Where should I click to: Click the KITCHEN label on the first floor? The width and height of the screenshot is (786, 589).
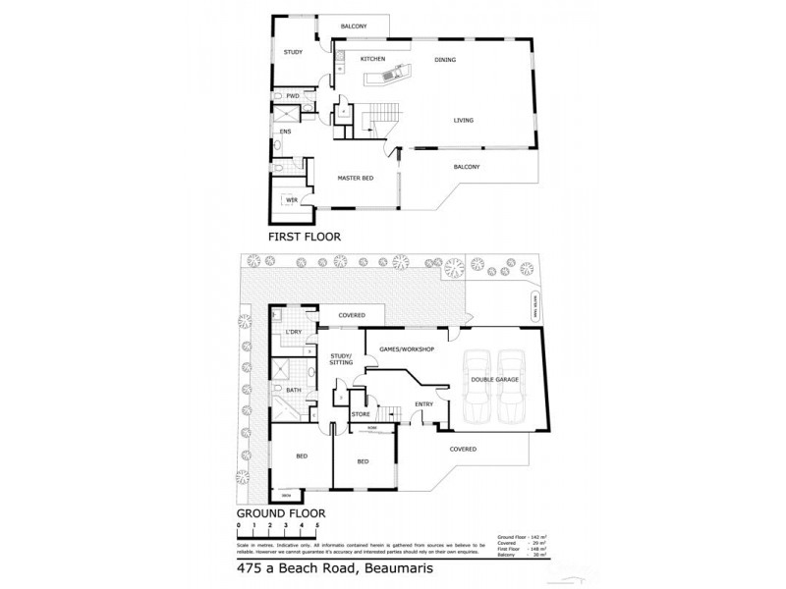[x=372, y=60]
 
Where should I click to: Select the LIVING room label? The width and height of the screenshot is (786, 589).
[x=464, y=121]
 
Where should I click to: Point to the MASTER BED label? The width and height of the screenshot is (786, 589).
[x=354, y=178]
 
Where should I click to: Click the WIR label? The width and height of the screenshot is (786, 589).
[x=292, y=199]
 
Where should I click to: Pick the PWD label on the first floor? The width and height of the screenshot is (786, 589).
[x=293, y=96]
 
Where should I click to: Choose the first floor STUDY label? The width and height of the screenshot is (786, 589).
[x=293, y=52]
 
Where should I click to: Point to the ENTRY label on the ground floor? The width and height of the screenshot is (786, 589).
[x=423, y=403]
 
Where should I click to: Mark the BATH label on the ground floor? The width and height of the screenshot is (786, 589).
[x=293, y=390]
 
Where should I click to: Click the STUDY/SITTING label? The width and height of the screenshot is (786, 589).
[x=341, y=359]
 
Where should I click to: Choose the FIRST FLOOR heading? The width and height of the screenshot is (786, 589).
[x=304, y=238]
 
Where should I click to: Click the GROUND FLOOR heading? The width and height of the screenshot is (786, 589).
[x=280, y=512]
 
